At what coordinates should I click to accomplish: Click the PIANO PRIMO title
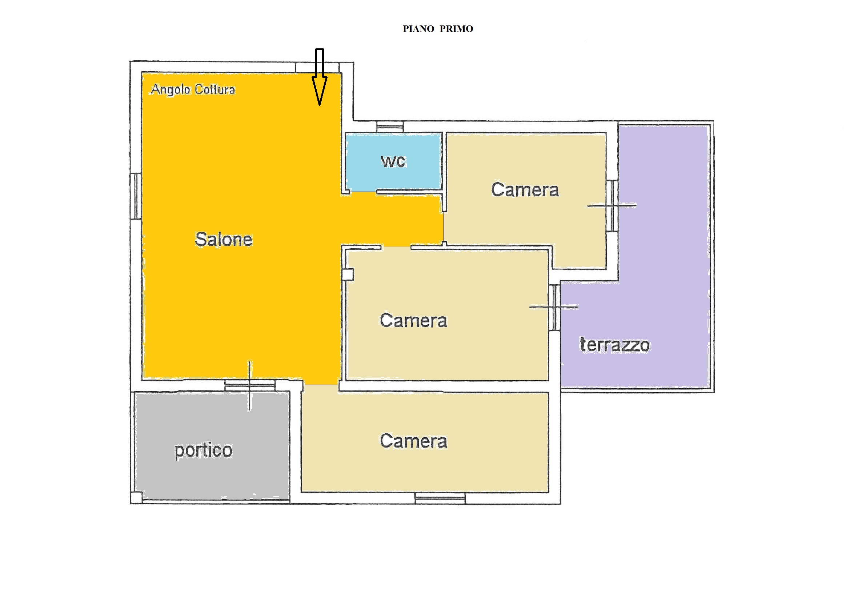click(438, 29)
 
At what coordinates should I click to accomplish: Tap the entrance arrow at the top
click(320, 77)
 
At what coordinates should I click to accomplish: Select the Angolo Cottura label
click(193, 89)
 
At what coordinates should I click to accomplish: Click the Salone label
click(224, 239)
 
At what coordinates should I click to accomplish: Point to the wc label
click(393, 161)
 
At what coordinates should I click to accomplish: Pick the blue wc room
click(393, 162)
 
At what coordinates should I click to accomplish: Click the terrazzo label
click(614, 345)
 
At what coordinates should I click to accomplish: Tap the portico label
click(203, 450)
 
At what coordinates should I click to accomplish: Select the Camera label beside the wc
click(525, 189)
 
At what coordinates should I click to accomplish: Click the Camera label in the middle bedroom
click(413, 320)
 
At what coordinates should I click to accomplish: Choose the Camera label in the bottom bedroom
click(413, 441)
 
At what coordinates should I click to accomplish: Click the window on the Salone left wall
click(136, 196)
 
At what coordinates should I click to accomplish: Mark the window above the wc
click(390, 127)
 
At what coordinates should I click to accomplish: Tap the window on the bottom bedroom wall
click(440, 498)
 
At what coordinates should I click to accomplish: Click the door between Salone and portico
click(250, 385)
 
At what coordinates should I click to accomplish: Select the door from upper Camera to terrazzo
click(612, 205)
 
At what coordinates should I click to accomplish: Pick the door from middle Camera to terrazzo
click(554, 307)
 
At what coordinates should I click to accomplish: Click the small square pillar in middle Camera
click(348, 275)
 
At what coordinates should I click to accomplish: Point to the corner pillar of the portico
click(136, 498)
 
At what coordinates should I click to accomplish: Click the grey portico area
click(212, 446)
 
